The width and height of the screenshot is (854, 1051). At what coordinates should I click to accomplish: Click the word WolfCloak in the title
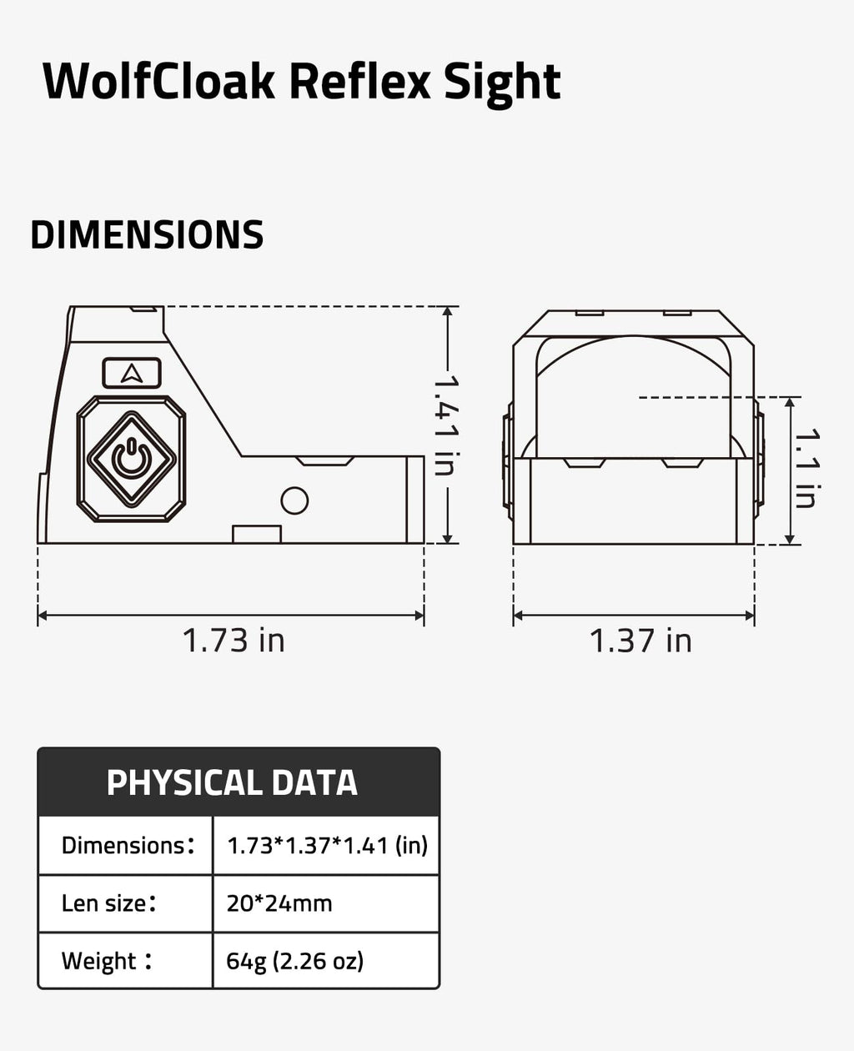click(x=158, y=81)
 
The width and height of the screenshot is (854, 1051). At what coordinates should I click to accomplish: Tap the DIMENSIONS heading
click(x=147, y=234)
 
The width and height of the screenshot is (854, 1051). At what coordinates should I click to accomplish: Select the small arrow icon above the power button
click(x=132, y=374)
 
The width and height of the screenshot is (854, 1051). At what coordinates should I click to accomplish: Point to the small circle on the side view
click(x=294, y=500)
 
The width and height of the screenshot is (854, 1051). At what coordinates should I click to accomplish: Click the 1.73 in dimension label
click(x=234, y=641)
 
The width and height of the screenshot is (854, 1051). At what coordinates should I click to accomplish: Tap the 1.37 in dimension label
click(x=640, y=641)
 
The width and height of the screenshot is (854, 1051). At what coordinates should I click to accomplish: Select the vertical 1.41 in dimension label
click(x=445, y=425)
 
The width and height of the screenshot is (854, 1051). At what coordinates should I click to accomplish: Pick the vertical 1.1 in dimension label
click(x=807, y=468)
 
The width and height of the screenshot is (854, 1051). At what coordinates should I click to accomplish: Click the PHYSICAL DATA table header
click(x=232, y=782)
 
